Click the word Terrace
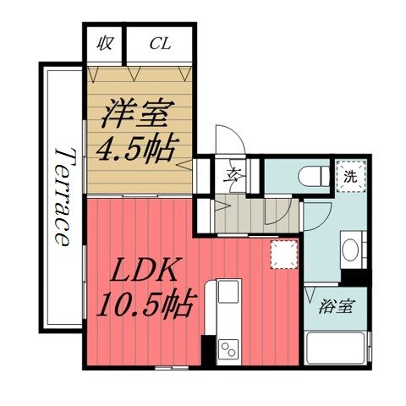click(x=62, y=195)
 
